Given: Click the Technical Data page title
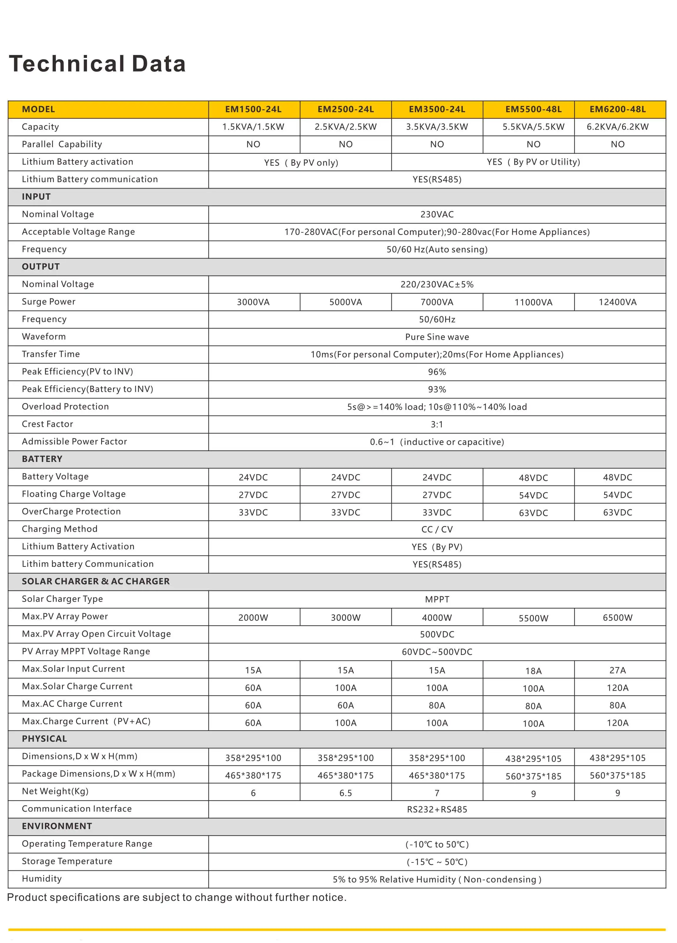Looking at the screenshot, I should point(97,64).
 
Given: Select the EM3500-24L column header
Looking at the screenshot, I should point(437,109).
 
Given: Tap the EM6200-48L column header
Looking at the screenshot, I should point(618,109).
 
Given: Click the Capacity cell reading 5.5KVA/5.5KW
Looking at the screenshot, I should point(533,127).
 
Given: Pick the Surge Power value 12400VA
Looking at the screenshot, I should point(618,302).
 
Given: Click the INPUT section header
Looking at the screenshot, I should point(36,197).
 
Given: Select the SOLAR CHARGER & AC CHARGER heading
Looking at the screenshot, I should point(95,581).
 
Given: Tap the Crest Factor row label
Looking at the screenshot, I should point(47,424).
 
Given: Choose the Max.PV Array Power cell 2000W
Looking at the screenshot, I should point(253,618).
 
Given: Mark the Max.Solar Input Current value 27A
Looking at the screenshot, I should point(618,670).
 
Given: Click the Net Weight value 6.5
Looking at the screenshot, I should point(345,793).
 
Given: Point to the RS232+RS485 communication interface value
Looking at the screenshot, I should point(437,810).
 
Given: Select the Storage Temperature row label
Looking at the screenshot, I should point(67,861).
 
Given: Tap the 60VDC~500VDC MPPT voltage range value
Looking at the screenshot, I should point(437,652).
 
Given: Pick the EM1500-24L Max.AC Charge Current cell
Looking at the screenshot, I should point(253,705).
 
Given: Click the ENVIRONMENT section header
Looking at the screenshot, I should point(57,826).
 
